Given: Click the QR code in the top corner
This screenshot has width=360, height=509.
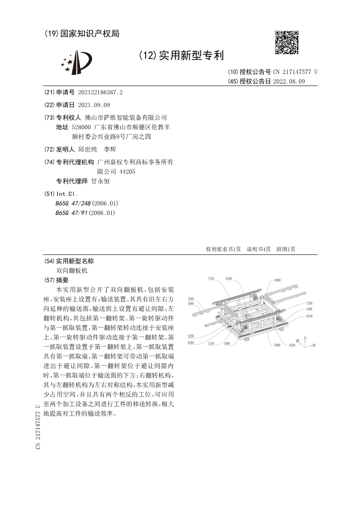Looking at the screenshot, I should [287, 42].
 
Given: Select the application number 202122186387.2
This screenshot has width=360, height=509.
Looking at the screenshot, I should [100, 92].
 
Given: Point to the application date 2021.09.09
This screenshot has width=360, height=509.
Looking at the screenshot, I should [94, 105].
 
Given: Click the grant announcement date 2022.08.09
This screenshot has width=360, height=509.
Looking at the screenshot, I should [289, 81].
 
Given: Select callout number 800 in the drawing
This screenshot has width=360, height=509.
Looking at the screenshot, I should [277, 281].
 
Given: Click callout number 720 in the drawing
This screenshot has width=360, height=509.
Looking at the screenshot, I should [309, 303].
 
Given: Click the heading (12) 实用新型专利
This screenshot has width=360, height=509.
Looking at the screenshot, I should [182, 56].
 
